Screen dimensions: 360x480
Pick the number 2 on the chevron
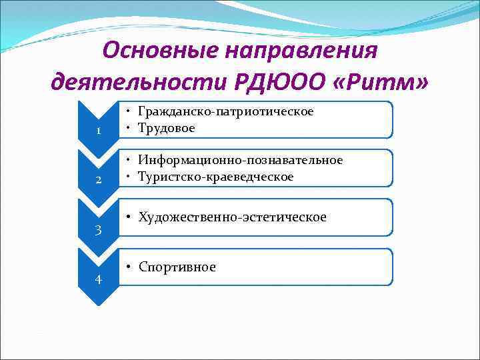point(98,181)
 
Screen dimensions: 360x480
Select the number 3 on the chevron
point(98,230)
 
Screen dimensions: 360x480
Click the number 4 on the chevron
point(98,279)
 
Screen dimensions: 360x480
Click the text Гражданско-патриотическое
point(225,111)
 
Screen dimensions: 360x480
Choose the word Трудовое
point(167,127)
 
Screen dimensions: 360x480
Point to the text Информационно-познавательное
point(240,160)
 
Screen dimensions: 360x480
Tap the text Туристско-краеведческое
point(215,176)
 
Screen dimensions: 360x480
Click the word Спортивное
point(177,267)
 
